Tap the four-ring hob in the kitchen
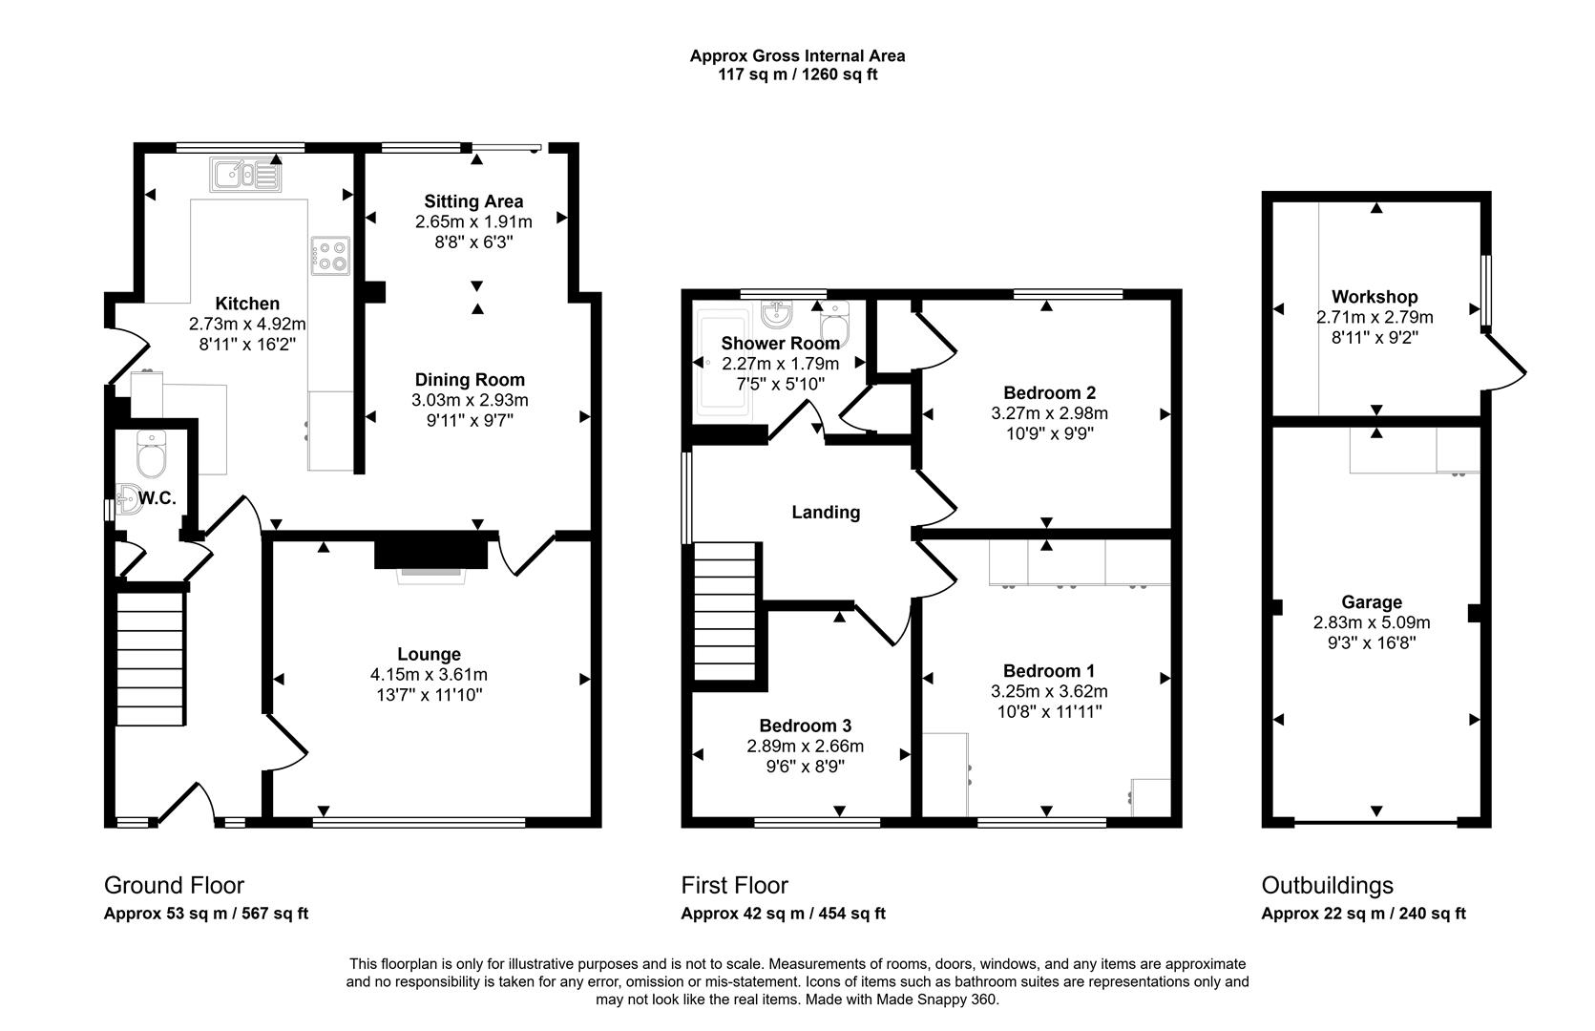329,255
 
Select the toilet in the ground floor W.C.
152,454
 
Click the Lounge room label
429,654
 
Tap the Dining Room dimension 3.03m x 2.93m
470,400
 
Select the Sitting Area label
473,201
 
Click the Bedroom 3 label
805,726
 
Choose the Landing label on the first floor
826,513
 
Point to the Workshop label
1375,297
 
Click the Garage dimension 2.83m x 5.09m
1372,622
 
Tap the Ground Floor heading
174,885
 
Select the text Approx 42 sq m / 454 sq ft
783,914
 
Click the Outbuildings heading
1327,885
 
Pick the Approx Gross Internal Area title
797,55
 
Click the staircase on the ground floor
150,659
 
